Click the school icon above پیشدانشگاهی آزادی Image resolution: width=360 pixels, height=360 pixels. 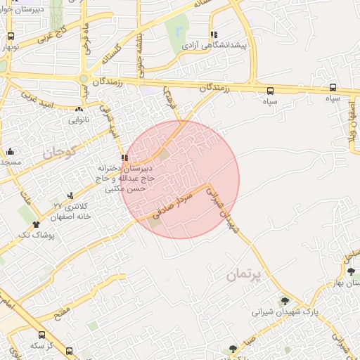(x=213, y=34)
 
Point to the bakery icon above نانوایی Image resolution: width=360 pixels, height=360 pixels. (x=78, y=109)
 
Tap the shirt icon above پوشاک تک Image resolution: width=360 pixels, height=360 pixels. (x=36, y=224)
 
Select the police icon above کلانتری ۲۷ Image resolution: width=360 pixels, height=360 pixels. (x=70, y=195)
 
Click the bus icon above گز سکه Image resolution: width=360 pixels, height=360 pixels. (x=41, y=335)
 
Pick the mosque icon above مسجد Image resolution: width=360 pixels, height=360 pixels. (x=10, y=152)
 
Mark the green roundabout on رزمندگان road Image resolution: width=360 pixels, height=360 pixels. (x=84, y=79)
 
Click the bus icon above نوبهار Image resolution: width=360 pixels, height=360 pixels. (x=10, y=36)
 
